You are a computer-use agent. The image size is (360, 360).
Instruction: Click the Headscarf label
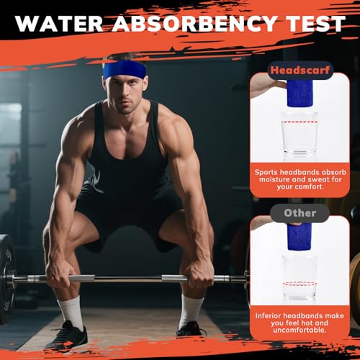point(300,70)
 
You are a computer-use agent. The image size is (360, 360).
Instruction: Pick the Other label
point(300,213)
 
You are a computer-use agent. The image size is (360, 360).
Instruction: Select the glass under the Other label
point(300,277)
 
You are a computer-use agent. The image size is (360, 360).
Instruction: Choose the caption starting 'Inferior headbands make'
point(300,325)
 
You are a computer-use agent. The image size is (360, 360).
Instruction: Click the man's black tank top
point(126,155)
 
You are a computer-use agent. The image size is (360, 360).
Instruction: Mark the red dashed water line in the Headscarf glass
point(300,122)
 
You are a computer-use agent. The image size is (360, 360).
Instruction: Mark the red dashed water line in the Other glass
point(300,284)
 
